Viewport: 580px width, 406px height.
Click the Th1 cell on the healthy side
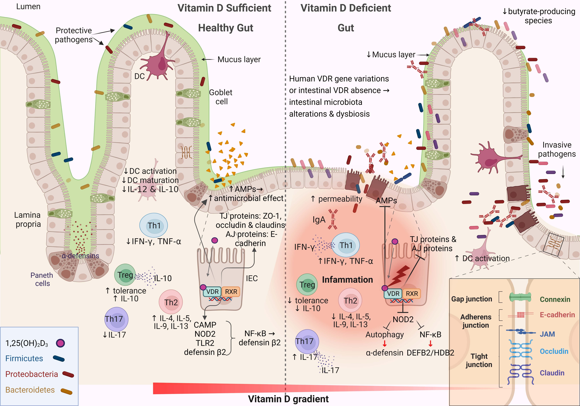coord(154,225)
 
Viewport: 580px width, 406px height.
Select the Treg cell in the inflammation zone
coord(307,285)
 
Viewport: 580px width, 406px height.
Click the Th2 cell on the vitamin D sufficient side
coord(171,302)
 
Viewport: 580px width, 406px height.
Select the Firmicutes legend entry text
coord(24,358)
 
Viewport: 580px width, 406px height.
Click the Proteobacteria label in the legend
coord(32,374)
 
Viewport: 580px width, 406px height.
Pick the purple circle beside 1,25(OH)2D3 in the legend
coord(60,343)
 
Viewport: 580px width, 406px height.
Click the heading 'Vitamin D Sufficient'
coord(224,8)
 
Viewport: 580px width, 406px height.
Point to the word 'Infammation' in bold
coord(347,280)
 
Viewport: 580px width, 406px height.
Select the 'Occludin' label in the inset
coord(554,351)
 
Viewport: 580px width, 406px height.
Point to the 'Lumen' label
coord(28,7)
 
